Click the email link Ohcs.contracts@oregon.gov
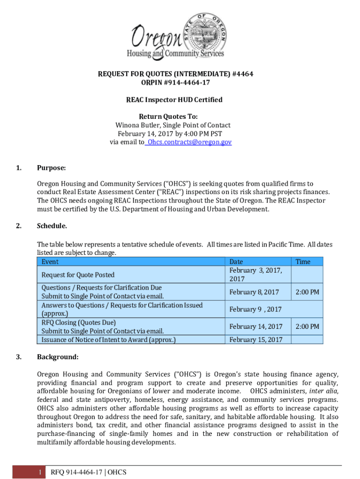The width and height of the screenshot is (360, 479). point(189,142)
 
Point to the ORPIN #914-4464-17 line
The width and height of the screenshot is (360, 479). point(180,83)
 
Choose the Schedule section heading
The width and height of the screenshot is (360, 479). point(52,226)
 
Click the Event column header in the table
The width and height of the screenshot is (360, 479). point(50,262)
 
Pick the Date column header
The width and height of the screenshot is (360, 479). point(236,262)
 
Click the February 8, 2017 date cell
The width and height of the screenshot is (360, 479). point(254,292)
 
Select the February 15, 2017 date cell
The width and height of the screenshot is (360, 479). point(256,340)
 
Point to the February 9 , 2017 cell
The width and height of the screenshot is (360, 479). point(255,309)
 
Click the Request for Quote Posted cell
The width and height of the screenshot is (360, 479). point(78,275)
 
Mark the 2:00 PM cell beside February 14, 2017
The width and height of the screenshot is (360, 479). point(307,327)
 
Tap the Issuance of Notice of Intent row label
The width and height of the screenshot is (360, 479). point(108,340)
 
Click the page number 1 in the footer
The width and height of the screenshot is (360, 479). point(41,472)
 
